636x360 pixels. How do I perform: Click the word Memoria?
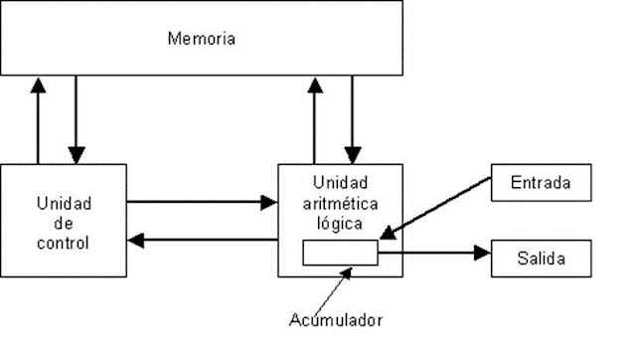[202, 39]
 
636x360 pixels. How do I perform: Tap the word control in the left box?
[64, 242]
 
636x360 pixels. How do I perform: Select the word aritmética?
[340, 204]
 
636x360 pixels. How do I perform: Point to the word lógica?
[340, 224]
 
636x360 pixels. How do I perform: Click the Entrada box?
[540, 184]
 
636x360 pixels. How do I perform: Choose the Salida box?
[542, 259]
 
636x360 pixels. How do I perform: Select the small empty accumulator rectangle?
[340, 253]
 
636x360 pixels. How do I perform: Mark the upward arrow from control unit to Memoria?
[38, 119]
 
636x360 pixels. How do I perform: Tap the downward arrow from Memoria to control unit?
[76, 119]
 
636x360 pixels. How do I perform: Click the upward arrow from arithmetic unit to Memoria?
[314, 119]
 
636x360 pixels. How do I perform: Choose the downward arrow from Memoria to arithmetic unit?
[352, 119]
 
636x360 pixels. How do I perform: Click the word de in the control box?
[64, 223]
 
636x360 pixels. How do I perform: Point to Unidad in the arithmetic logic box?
[340, 184]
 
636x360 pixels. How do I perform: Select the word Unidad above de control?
[64, 204]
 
